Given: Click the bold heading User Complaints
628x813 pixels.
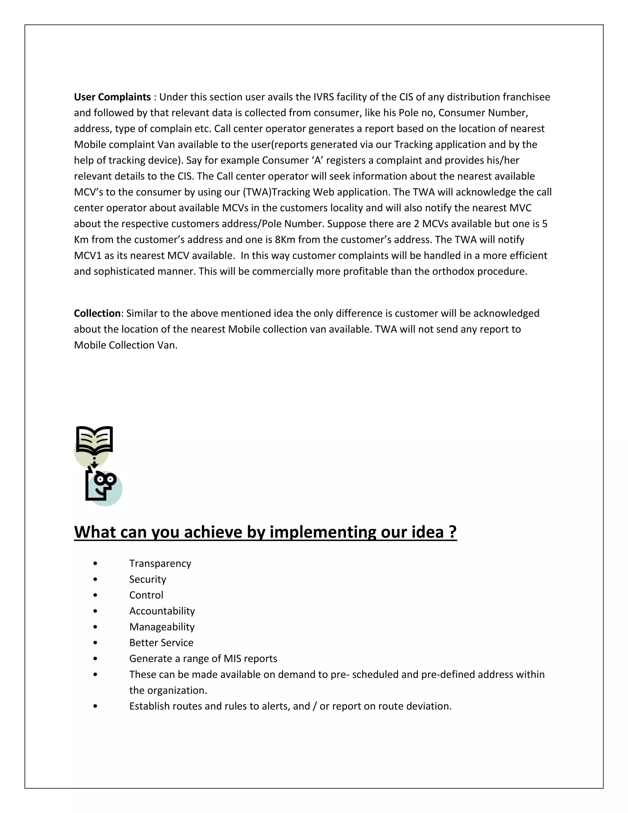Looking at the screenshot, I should [x=112, y=97].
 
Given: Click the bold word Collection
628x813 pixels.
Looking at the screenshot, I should [x=97, y=314].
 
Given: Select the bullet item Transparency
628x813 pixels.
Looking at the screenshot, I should [x=160, y=564].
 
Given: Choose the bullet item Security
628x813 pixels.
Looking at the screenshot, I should [x=148, y=580].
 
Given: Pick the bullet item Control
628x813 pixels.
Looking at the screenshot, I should [x=146, y=595].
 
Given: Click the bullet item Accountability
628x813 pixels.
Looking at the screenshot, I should [x=162, y=611].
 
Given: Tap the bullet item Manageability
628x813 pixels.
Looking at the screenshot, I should [x=162, y=627].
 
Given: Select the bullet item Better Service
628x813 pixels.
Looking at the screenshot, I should [x=161, y=643].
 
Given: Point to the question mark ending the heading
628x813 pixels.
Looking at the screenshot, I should [x=452, y=532].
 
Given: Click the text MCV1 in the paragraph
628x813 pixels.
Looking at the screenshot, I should [x=88, y=256].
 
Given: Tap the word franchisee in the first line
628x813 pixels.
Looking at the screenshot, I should [x=526, y=97].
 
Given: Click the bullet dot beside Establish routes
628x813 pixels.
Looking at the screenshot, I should [x=96, y=706].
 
